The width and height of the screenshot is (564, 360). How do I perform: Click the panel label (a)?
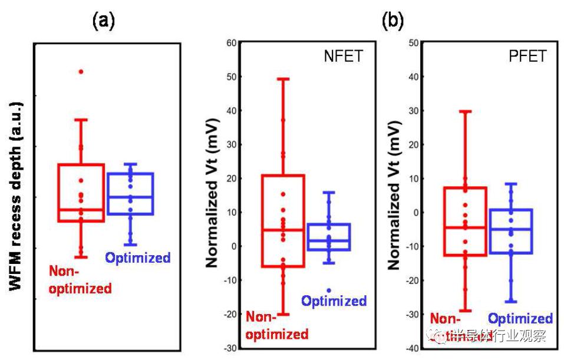pyautogui.click(x=104, y=22)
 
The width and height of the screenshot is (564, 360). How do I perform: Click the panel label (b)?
pyautogui.click(x=393, y=22)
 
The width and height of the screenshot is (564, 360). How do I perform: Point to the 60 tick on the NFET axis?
pyautogui.click(x=229, y=42)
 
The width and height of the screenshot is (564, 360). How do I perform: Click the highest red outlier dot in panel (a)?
pyautogui.click(x=81, y=71)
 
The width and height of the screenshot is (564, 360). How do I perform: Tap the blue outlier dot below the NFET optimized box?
pyautogui.click(x=329, y=290)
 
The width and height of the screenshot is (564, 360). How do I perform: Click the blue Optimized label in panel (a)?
pyautogui.click(x=137, y=257)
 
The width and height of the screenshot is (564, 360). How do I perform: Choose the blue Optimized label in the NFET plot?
pyautogui.click(x=334, y=301)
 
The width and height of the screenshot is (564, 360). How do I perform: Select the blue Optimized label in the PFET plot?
pyautogui.click(x=520, y=319)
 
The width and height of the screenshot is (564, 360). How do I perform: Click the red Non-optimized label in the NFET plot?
pyautogui.click(x=276, y=326)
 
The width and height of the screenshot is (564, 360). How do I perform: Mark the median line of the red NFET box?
pyautogui.click(x=283, y=230)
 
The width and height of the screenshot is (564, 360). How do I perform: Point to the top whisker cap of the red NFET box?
pyautogui.click(x=283, y=78)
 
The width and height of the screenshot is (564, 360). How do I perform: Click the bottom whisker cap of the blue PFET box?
pyautogui.click(x=510, y=302)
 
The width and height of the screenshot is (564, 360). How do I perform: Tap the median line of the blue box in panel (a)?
pyautogui.click(x=130, y=197)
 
